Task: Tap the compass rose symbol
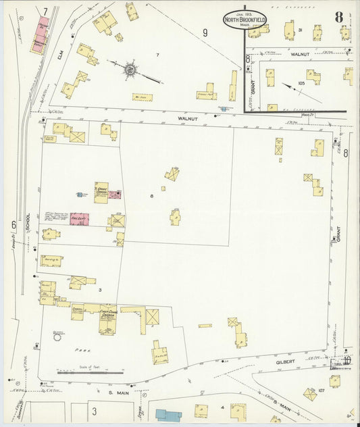129,69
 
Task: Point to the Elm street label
59,65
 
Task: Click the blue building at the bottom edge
169,414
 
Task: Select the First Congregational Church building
107,319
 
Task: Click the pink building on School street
79,218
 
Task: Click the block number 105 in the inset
301,83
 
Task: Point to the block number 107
322,390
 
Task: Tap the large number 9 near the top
205,32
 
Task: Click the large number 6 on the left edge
13,224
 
